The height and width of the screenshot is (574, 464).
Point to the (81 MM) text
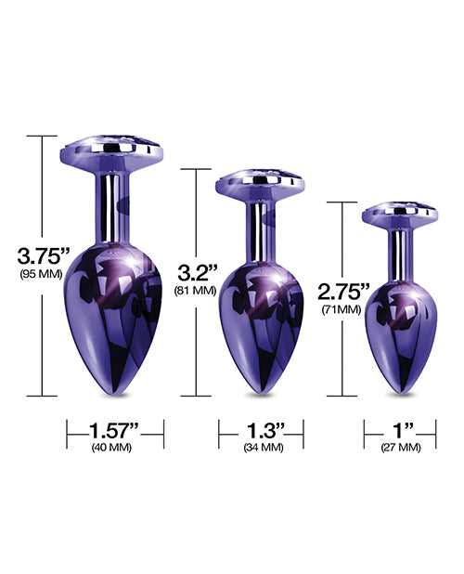[x=195, y=291]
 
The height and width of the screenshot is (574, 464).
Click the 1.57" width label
[x=114, y=430]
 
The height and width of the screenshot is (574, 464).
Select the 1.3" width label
[x=251, y=430]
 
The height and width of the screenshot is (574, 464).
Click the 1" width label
[x=394, y=430]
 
